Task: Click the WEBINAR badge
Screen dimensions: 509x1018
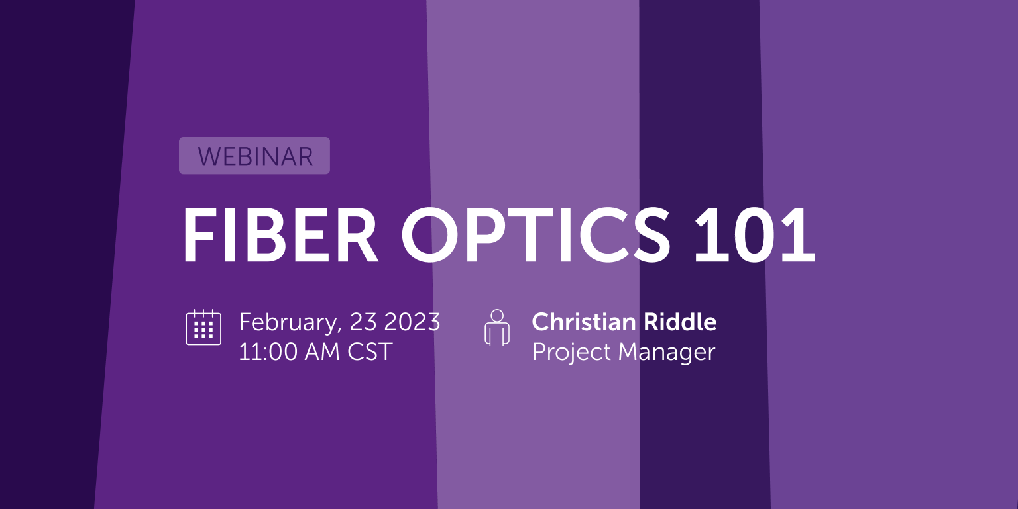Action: (254, 156)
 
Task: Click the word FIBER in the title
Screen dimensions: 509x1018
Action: (280, 236)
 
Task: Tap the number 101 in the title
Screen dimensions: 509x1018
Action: (754, 236)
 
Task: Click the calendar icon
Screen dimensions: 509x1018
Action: (203, 327)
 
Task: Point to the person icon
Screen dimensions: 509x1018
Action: (497, 328)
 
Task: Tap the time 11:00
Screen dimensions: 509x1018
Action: (268, 351)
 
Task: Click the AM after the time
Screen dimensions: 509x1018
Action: (322, 351)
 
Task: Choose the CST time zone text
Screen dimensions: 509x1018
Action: (370, 351)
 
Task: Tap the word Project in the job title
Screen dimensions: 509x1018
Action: (571, 352)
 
